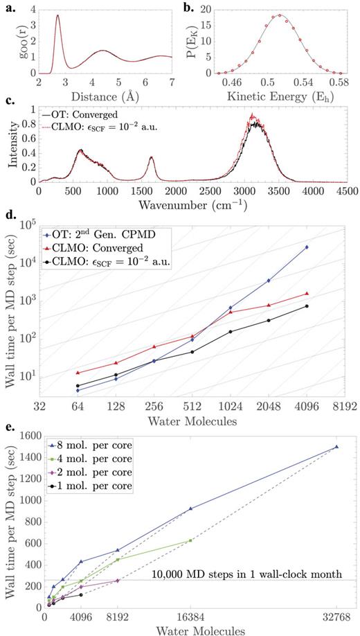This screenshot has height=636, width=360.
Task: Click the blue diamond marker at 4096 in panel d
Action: click(307, 247)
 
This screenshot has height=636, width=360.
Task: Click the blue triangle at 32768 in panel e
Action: click(336, 447)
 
